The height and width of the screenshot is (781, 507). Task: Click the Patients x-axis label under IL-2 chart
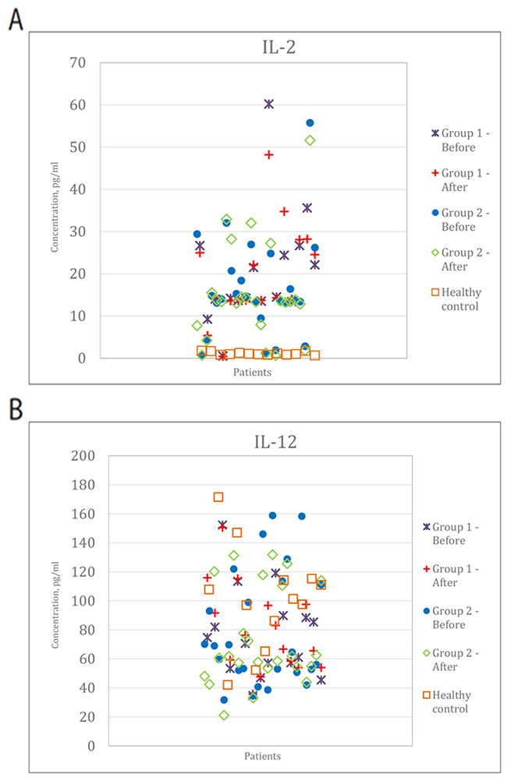[252, 373]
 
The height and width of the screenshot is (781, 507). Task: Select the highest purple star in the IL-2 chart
[269, 104]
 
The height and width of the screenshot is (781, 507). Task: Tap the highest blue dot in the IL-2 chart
[310, 122]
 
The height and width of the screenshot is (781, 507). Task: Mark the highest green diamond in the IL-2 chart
[310, 140]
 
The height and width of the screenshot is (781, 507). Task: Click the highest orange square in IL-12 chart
[218, 497]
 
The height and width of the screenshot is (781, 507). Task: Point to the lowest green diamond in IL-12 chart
[224, 716]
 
